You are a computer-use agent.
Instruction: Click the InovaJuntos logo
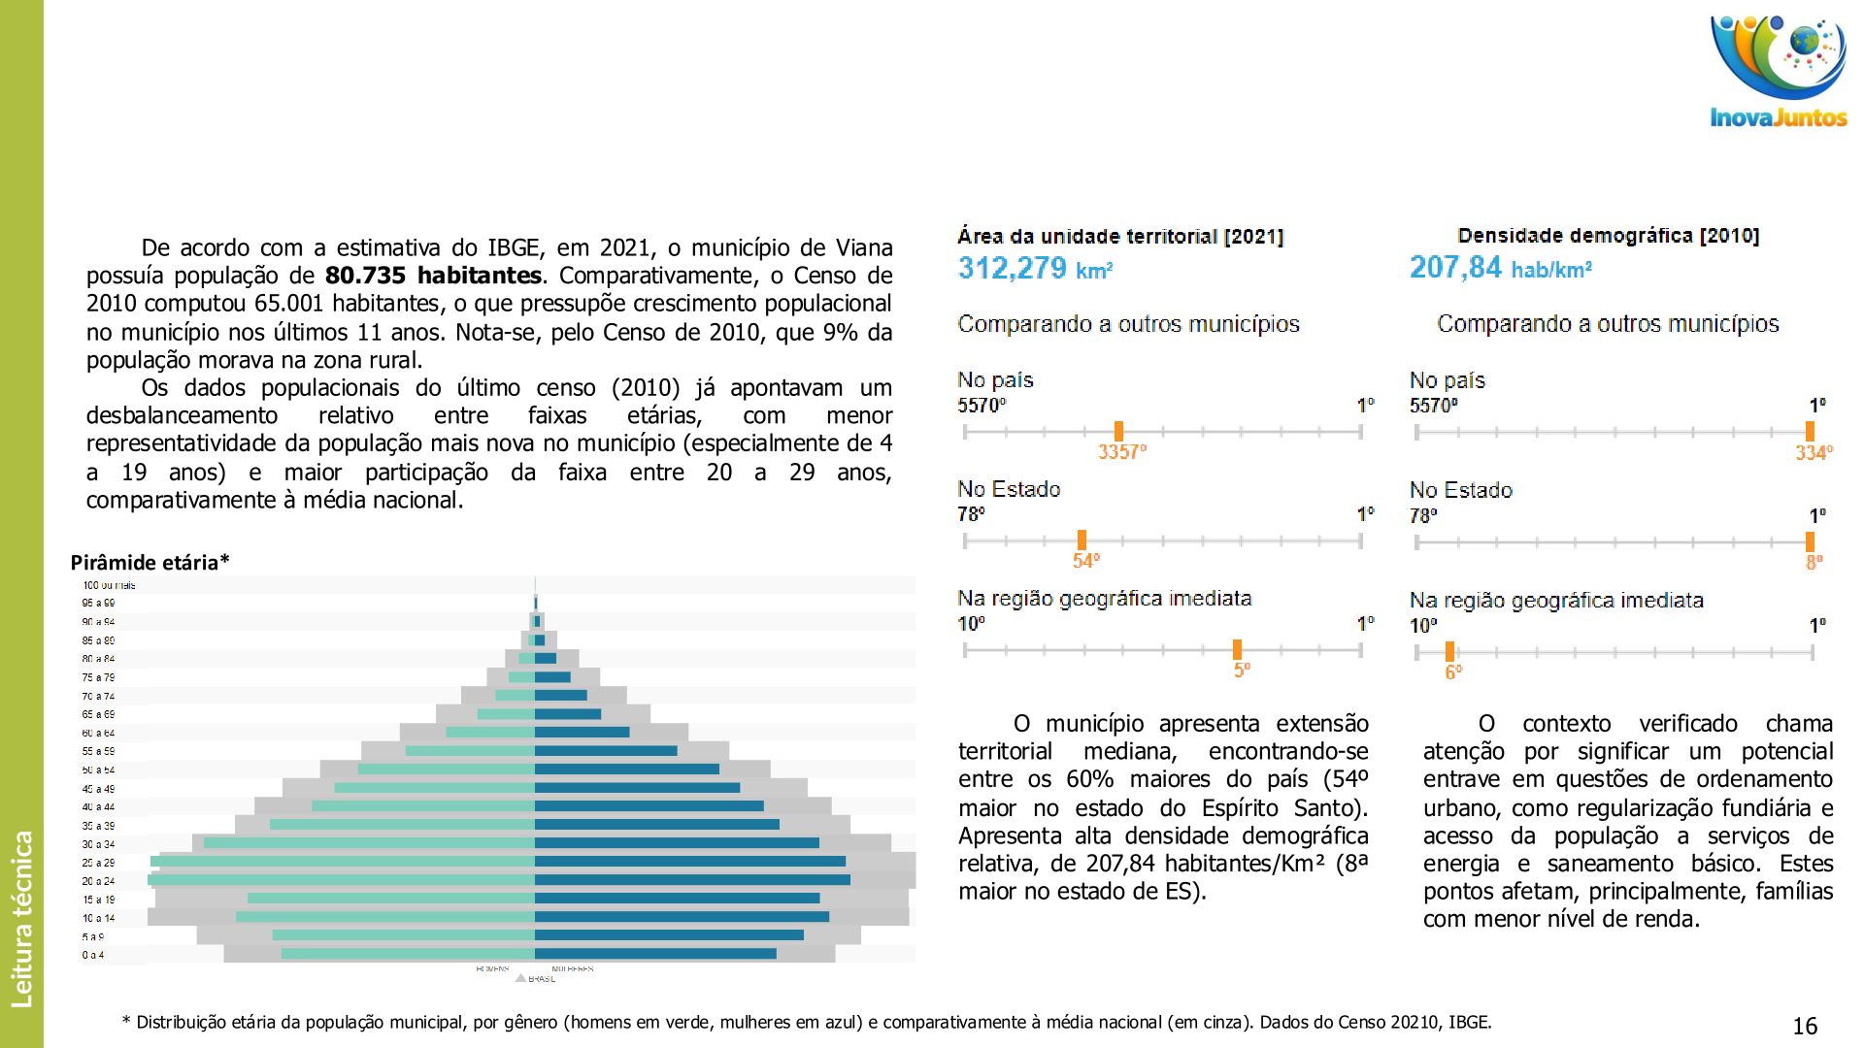(x=1779, y=73)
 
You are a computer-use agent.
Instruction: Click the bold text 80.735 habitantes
(x=433, y=276)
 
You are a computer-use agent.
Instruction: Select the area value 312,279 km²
(x=1035, y=268)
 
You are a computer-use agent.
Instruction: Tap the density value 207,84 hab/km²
(x=1500, y=268)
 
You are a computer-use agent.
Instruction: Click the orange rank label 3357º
(x=1121, y=452)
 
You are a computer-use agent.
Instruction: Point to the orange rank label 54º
(x=1085, y=561)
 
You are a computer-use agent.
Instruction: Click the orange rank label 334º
(x=1813, y=453)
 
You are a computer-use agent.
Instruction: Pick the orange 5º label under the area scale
(x=1242, y=671)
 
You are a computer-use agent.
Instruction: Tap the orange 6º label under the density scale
(x=1452, y=672)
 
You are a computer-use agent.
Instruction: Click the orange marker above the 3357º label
(x=1118, y=431)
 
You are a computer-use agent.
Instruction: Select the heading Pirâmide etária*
(x=150, y=563)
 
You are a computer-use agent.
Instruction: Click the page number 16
(x=1805, y=1027)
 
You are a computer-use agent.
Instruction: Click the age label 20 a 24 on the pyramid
(x=98, y=881)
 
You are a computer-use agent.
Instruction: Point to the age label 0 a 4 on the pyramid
(x=93, y=955)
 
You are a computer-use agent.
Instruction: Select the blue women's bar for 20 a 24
(x=691, y=880)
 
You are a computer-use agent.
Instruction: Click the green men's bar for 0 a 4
(x=408, y=954)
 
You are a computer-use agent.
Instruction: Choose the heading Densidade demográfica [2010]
(x=1608, y=236)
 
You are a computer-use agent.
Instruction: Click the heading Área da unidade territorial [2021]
(x=1120, y=237)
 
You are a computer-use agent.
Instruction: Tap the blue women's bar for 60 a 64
(x=581, y=733)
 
